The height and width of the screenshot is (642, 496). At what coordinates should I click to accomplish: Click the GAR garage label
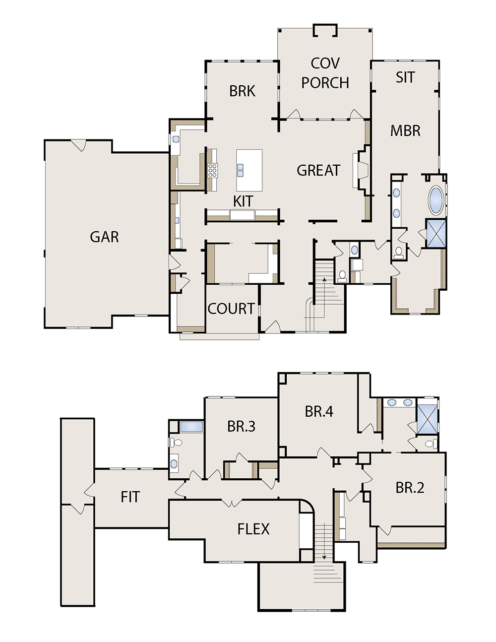pyautogui.click(x=104, y=237)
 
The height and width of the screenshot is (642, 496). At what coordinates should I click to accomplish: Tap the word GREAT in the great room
pyautogui.click(x=318, y=171)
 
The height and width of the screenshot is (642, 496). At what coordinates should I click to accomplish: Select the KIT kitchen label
pyautogui.click(x=243, y=201)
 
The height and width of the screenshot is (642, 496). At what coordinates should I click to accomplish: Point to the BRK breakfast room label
pyautogui.click(x=242, y=91)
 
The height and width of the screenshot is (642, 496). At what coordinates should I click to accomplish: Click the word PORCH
pyautogui.click(x=325, y=83)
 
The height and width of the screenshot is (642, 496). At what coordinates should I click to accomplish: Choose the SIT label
pyautogui.click(x=405, y=77)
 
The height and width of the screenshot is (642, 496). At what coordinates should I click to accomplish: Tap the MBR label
pyautogui.click(x=405, y=131)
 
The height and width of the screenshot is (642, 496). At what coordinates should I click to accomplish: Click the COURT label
pyautogui.click(x=231, y=309)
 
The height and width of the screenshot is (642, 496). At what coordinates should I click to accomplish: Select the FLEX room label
pyautogui.click(x=253, y=529)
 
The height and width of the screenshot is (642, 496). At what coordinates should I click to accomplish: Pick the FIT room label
pyautogui.click(x=130, y=497)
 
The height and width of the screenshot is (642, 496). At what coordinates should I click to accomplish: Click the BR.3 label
pyautogui.click(x=241, y=426)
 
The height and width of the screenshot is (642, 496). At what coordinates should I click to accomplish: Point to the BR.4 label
pyautogui.click(x=319, y=411)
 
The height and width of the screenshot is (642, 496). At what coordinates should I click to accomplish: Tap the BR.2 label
pyautogui.click(x=410, y=488)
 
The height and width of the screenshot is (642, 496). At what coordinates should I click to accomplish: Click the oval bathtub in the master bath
pyautogui.click(x=436, y=200)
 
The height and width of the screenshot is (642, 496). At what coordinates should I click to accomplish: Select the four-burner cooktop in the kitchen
pyautogui.click(x=213, y=171)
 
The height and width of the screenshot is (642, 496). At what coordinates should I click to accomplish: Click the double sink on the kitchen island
pyautogui.click(x=240, y=170)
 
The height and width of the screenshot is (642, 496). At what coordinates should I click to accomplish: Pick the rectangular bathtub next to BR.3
pyautogui.click(x=191, y=427)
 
